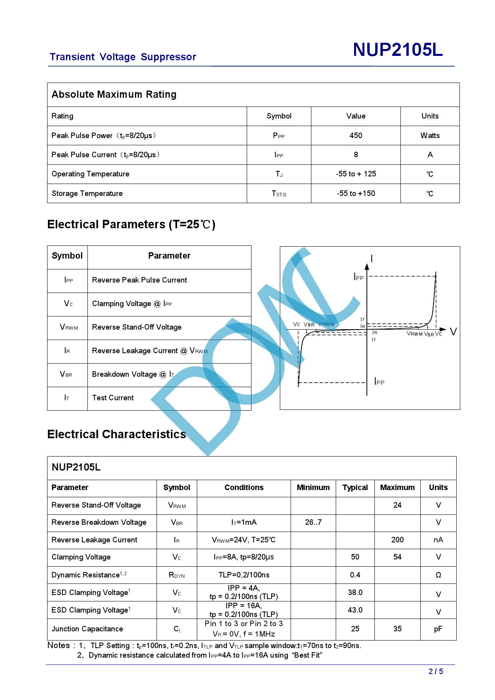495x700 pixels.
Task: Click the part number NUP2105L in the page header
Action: [398, 50]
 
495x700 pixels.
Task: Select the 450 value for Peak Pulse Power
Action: [356, 136]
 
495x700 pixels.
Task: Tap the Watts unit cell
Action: [430, 136]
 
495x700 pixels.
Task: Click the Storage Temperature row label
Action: [87, 194]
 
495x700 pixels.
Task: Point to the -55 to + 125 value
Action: [356, 174]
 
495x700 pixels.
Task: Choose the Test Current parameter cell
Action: [113, 398]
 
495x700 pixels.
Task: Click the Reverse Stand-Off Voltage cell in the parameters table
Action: [137, 327]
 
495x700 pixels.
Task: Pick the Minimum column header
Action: [313, 488]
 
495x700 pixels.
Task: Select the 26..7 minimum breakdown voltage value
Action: [313, 522]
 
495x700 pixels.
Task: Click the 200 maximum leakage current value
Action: [397, 540]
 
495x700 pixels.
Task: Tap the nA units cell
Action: [438, 540]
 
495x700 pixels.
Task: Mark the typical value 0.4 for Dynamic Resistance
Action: [355, 575]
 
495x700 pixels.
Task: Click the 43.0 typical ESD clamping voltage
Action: [355, 610]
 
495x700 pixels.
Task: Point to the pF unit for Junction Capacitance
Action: [438, 629]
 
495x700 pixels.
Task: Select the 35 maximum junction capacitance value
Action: [397, 629]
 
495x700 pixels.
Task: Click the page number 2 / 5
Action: [436, 672]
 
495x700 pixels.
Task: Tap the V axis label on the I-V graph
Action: [453, 332]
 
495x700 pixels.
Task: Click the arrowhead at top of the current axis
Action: [367, 267]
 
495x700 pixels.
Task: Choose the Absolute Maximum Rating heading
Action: [114, 95]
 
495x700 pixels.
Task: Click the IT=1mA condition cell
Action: [244, 522]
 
